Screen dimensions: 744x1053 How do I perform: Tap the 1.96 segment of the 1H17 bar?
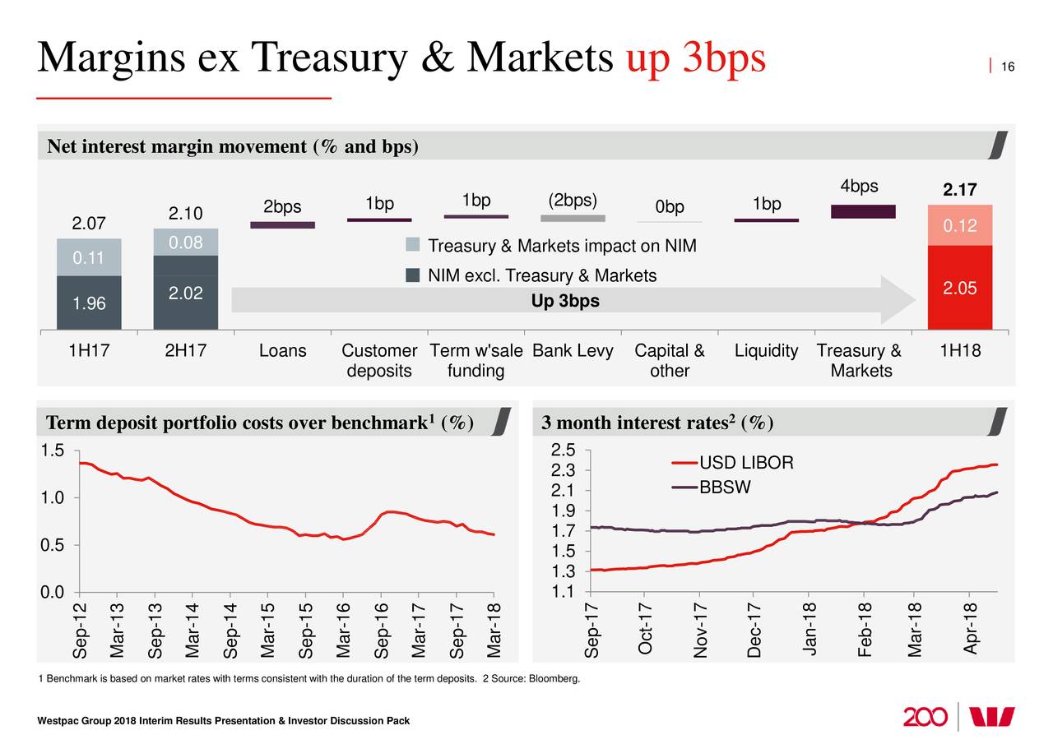(89, 303)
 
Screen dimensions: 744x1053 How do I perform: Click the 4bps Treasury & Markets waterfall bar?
(863, 211)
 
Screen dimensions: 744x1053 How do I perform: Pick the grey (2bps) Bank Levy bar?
(573, 218)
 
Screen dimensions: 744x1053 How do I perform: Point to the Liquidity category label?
(766, 352)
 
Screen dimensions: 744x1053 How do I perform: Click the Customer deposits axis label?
(379, 361)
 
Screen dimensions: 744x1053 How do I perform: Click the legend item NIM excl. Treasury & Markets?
(541, 276)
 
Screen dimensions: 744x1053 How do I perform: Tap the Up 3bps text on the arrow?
(565, 302)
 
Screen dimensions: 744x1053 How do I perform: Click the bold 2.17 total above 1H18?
(959, 191)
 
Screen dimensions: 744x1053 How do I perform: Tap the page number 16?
(1008, 67)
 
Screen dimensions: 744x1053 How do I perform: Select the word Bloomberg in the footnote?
(552, 678)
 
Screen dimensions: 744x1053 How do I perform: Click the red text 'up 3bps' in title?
(696, 58)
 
